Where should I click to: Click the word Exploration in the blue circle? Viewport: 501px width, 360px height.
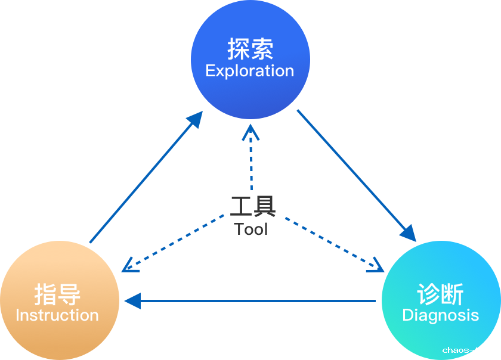coord(250,71)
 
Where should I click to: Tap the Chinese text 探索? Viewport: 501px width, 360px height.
coord(250,49)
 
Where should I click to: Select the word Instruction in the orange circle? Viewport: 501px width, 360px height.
coord(57,315)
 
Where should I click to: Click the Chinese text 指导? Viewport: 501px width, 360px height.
coord(57,294)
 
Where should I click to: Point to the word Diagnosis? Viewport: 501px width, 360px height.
coord(441,315)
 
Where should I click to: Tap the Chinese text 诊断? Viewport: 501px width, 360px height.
coord(441,294)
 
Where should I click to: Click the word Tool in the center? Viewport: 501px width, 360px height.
coord(251,229)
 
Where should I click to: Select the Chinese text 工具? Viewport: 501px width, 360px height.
coord(253,206)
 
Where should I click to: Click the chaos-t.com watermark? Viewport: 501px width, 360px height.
coord(470,350)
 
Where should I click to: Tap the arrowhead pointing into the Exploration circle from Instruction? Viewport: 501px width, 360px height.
coord(196,119)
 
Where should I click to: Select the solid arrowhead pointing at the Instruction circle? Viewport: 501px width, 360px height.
coord(132,301)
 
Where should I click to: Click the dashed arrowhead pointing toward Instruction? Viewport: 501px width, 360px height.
coord(130,266)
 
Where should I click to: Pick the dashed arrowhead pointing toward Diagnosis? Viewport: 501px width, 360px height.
coord(376,266)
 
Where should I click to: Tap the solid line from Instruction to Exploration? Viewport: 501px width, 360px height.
coord(143,182)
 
